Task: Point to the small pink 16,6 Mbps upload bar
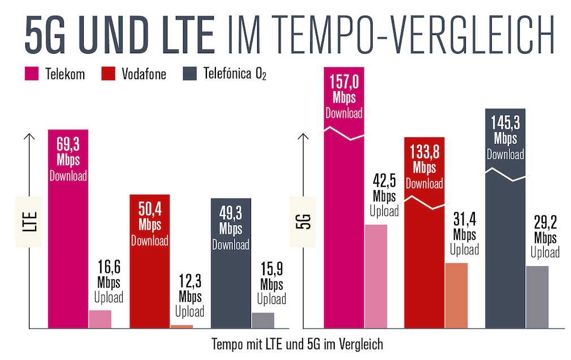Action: click(x=100, y=319)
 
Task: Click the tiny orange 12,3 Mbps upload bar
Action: click(x=181, y=326)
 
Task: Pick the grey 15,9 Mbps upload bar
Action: click(x=262, y=320)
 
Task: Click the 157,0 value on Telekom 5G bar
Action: click(x=344, y=83)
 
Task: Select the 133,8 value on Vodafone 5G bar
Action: click(x=425, y=153)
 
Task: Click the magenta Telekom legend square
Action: click(x=32, y=73)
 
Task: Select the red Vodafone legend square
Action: click(x=109, y=73)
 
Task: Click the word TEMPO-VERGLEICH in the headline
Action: click(x=390, y=35)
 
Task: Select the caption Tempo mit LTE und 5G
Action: click(x=297, y=344)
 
